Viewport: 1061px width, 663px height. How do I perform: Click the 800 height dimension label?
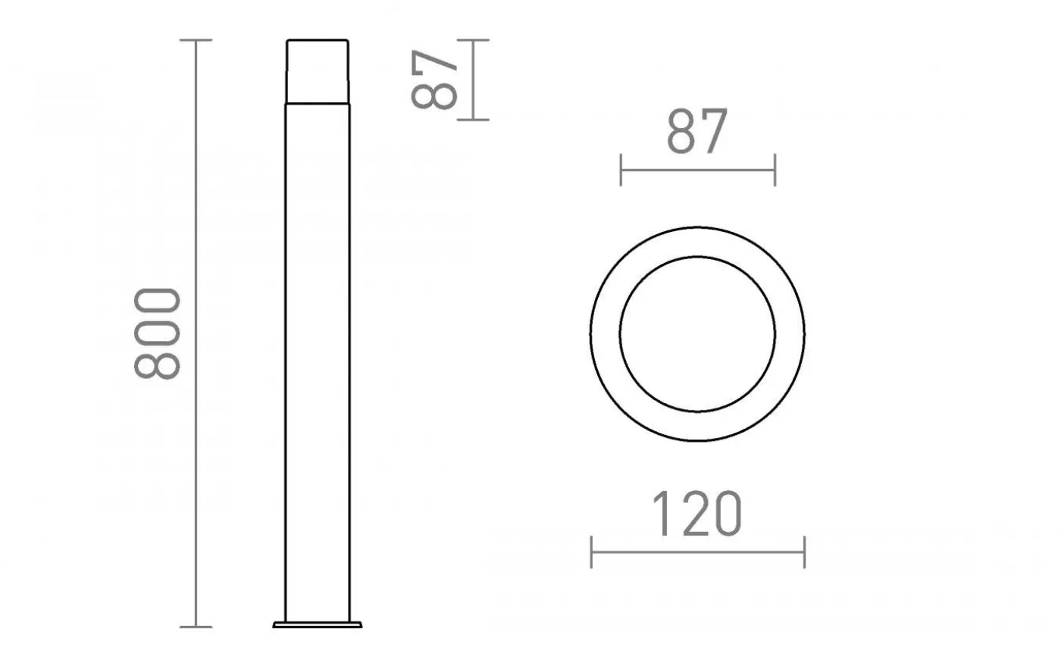(x=158, y=333)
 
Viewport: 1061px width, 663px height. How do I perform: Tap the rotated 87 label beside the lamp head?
(x=436, y=80)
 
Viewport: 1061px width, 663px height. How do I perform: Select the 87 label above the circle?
(x=697, y=132)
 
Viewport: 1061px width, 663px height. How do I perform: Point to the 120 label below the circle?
(x=697, y=514)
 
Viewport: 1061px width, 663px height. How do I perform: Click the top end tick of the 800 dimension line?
(x=196, y=40)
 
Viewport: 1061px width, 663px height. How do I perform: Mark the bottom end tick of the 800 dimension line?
(x=196, y=627)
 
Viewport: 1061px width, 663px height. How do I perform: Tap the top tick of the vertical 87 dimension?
(x=473, y=40)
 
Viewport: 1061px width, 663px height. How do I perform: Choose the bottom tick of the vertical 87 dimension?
(x=473, y=120)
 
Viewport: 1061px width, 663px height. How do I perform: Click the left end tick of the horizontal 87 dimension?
(x=621, y=170)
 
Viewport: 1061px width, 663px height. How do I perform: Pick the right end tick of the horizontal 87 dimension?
(x=775, y=170)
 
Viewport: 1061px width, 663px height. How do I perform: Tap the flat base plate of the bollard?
(x=318, y=624)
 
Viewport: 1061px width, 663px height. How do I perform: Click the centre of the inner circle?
(x=697, y=333)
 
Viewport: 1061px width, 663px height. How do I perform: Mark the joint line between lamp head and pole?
(x=318, y=104)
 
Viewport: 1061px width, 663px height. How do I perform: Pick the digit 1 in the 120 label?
(x=661, y=514)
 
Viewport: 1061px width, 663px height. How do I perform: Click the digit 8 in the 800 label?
(x=158, y=363)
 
